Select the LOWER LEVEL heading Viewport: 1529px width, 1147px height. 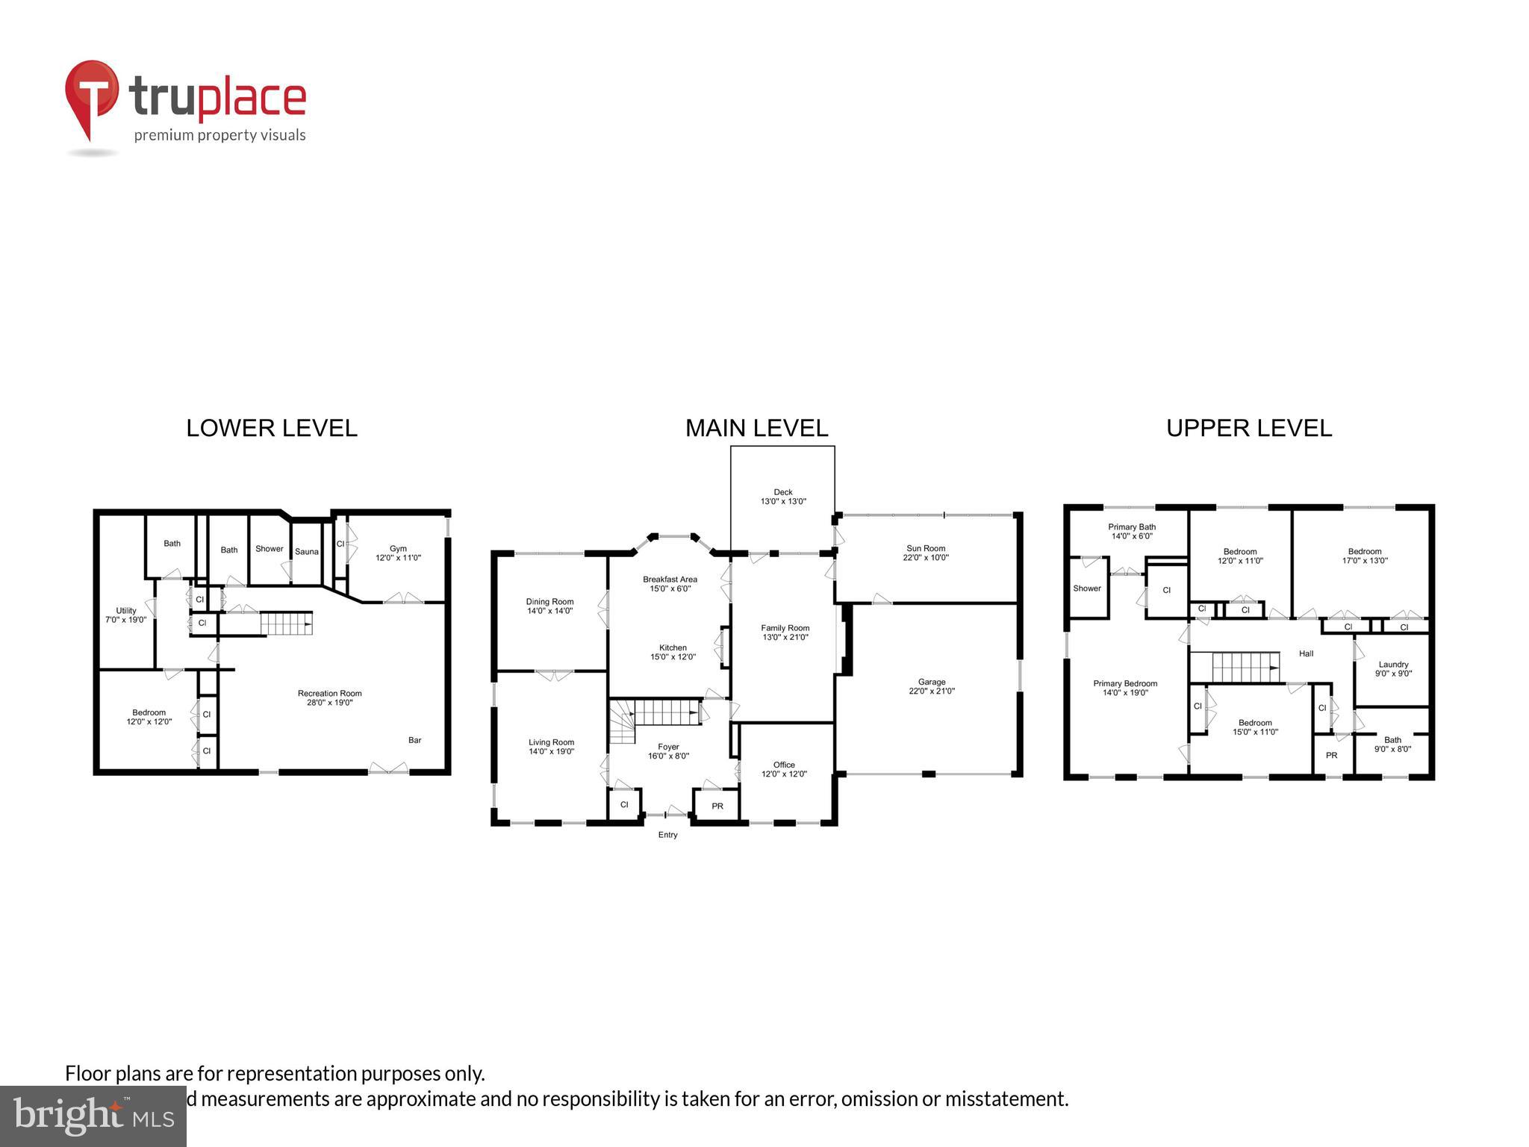[272, 428]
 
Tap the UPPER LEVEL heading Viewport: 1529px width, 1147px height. [1248, 428]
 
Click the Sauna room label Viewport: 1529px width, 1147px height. [306, 552]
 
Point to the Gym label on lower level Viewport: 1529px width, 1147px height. [398, 553]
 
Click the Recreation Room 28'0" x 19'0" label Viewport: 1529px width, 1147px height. [329, 697]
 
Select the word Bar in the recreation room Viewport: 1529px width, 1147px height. [414, 740]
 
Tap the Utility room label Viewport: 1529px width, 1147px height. [126, 615]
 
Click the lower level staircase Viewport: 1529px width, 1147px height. [285, 623]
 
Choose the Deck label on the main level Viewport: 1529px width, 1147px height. [783, 497]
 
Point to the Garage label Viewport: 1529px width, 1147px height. [931, 686]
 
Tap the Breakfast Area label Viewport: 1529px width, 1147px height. [670, 583]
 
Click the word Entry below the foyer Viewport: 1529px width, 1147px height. [667, 835]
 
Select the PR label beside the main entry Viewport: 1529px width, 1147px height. [717, 806]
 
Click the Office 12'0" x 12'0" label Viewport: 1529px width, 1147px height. [784, 769]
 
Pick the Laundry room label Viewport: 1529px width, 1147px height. [1393, 668]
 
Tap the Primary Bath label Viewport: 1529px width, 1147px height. [1132, 531]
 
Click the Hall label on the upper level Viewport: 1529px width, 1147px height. [1306, 653]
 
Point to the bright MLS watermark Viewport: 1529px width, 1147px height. [93, 1116]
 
